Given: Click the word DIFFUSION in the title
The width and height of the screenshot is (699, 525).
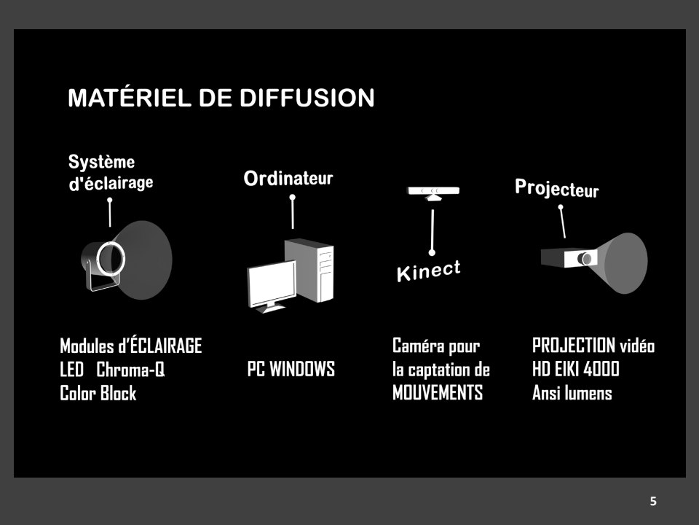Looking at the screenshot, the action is pos(307,98).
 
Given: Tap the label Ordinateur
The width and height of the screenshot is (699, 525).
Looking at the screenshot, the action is pos(288,179).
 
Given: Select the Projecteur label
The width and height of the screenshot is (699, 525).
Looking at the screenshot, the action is pos(557,188).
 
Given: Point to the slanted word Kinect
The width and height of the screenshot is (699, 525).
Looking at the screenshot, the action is pos(428,271).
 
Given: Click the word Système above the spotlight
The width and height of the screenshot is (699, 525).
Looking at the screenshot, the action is pos(101,162).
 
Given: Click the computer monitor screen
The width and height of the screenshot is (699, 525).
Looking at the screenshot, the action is pos(272,283).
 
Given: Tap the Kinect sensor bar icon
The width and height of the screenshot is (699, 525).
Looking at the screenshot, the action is pos(433,192).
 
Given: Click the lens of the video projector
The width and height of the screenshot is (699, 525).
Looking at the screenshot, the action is pos(585,258).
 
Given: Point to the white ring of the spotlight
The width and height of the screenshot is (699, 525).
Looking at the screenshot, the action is pos(111,259).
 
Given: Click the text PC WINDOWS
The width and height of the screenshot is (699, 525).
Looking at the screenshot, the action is pos(291,369).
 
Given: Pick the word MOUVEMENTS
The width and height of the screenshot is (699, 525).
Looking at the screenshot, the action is pos(438,393).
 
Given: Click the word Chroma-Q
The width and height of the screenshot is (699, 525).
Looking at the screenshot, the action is pos(130,370).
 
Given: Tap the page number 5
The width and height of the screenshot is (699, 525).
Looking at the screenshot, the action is pos(653,502).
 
